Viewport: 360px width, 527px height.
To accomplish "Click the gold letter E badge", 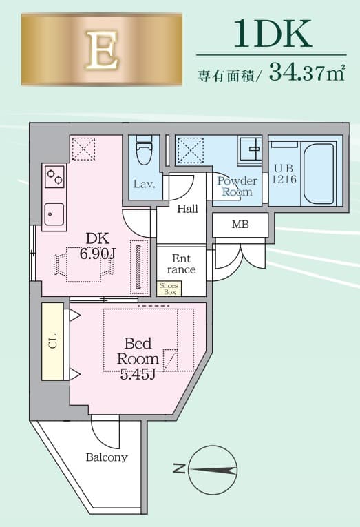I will (x=101, y=50).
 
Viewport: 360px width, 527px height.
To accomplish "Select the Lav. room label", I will (x=144, y=185).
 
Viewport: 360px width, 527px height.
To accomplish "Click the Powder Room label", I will (x=237, y=187).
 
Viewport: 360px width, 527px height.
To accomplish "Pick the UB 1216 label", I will (x=284, y=173).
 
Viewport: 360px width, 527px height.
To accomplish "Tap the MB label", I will (x=240, y=225).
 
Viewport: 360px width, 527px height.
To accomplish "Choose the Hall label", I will (x=188, y=209).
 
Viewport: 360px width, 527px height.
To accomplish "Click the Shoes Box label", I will (x=168, y=288).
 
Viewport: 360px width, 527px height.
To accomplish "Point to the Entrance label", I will (x=181, y=264).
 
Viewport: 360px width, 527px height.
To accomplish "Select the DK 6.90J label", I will (x=97, y=245).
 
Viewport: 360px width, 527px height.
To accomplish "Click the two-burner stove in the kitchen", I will (x=54, y=178).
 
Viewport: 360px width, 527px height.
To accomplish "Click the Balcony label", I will (x=107, y=457).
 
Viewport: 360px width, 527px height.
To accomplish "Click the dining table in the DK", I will (x=83, y=264).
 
